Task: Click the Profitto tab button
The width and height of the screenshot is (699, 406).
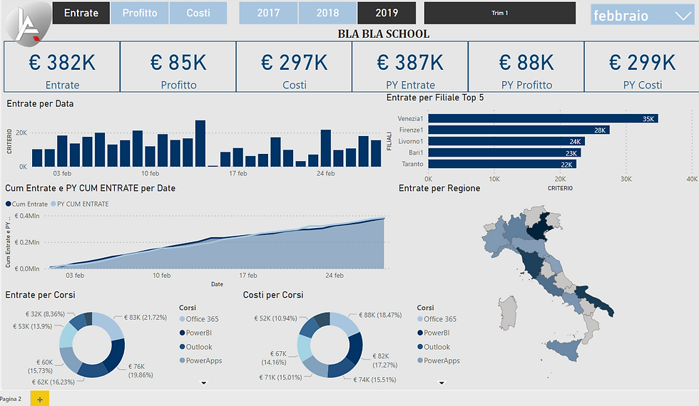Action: point(140,13)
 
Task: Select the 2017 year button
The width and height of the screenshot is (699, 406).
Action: point(268,13)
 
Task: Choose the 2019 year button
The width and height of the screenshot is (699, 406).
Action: point(387,13)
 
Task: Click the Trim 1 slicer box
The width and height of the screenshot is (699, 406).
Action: point(499,13)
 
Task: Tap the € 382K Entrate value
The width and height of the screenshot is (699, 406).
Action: point(62,63)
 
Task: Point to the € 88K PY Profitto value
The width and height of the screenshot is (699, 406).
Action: point(526,63)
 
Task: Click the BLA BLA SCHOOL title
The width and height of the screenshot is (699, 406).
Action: point(383,33)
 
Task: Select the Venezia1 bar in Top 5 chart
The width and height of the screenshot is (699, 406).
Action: point(542,118)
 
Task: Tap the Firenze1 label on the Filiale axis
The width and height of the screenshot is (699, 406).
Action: point(412,130)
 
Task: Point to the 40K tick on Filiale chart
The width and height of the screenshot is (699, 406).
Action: point(691,178)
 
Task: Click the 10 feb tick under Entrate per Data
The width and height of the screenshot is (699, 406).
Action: point(150,173)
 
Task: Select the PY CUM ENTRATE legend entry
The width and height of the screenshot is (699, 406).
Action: point(82,204)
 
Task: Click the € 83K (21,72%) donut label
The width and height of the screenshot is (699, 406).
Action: point(145,318)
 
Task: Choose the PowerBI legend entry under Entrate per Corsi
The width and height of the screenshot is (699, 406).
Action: point(198,333)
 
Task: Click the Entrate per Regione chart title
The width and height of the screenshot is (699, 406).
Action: point(439,188)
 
